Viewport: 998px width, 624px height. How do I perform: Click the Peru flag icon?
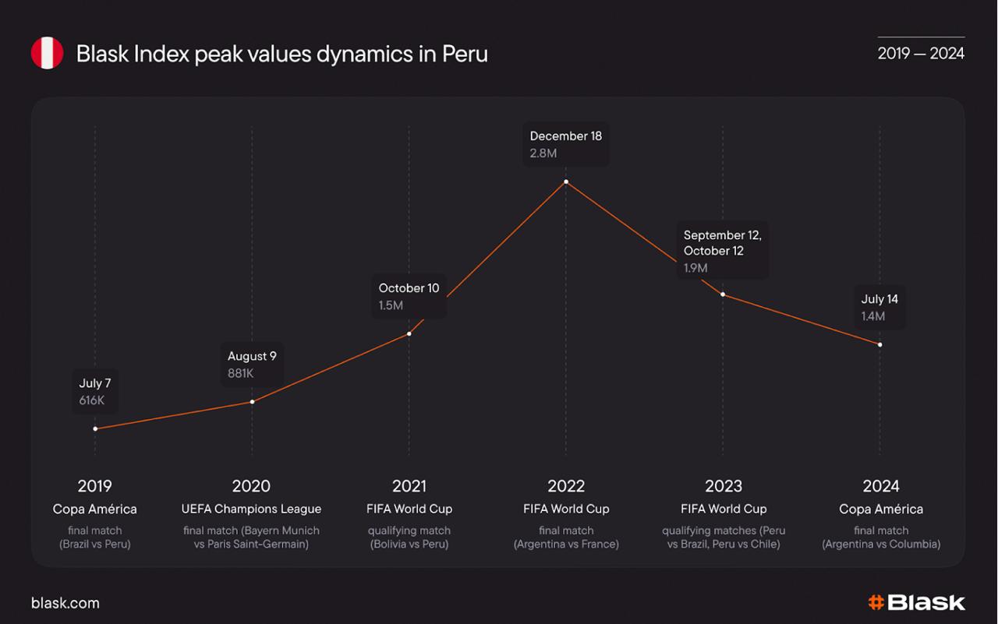tap(47, 53)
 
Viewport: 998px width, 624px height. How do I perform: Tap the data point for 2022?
tap(566, 182)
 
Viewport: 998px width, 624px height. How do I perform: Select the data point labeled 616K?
tap(95, 428)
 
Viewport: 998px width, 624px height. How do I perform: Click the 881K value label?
tap(241, 373)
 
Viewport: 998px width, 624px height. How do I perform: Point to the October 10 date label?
tap(409, 288)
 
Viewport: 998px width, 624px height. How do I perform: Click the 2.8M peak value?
tap(543, 153)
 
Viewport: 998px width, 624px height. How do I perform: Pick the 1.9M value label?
tap(695, 268)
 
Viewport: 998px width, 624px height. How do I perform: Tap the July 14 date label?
tap(879, 299)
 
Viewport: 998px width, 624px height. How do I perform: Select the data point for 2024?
tap(880, 344)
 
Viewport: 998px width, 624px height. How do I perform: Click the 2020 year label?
tap(251, 486)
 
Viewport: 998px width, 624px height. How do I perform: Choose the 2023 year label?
tap(724, 486)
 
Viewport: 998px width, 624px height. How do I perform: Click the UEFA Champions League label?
tap(251, 509)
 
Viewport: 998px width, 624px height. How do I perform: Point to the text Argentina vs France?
tap(566, 544)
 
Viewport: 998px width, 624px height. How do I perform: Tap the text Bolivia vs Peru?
tap(409, 544)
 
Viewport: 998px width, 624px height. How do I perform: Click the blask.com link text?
tap(65, 603)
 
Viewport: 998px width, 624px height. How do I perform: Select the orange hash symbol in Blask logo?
tap(876, 602)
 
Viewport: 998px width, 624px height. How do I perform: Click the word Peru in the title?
tap(465, 54)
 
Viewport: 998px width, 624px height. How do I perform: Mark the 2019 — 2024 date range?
tap(921, 53)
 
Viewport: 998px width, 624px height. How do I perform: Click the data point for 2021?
tap(409, 333)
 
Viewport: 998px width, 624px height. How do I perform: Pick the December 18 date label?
tap(566, 136)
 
